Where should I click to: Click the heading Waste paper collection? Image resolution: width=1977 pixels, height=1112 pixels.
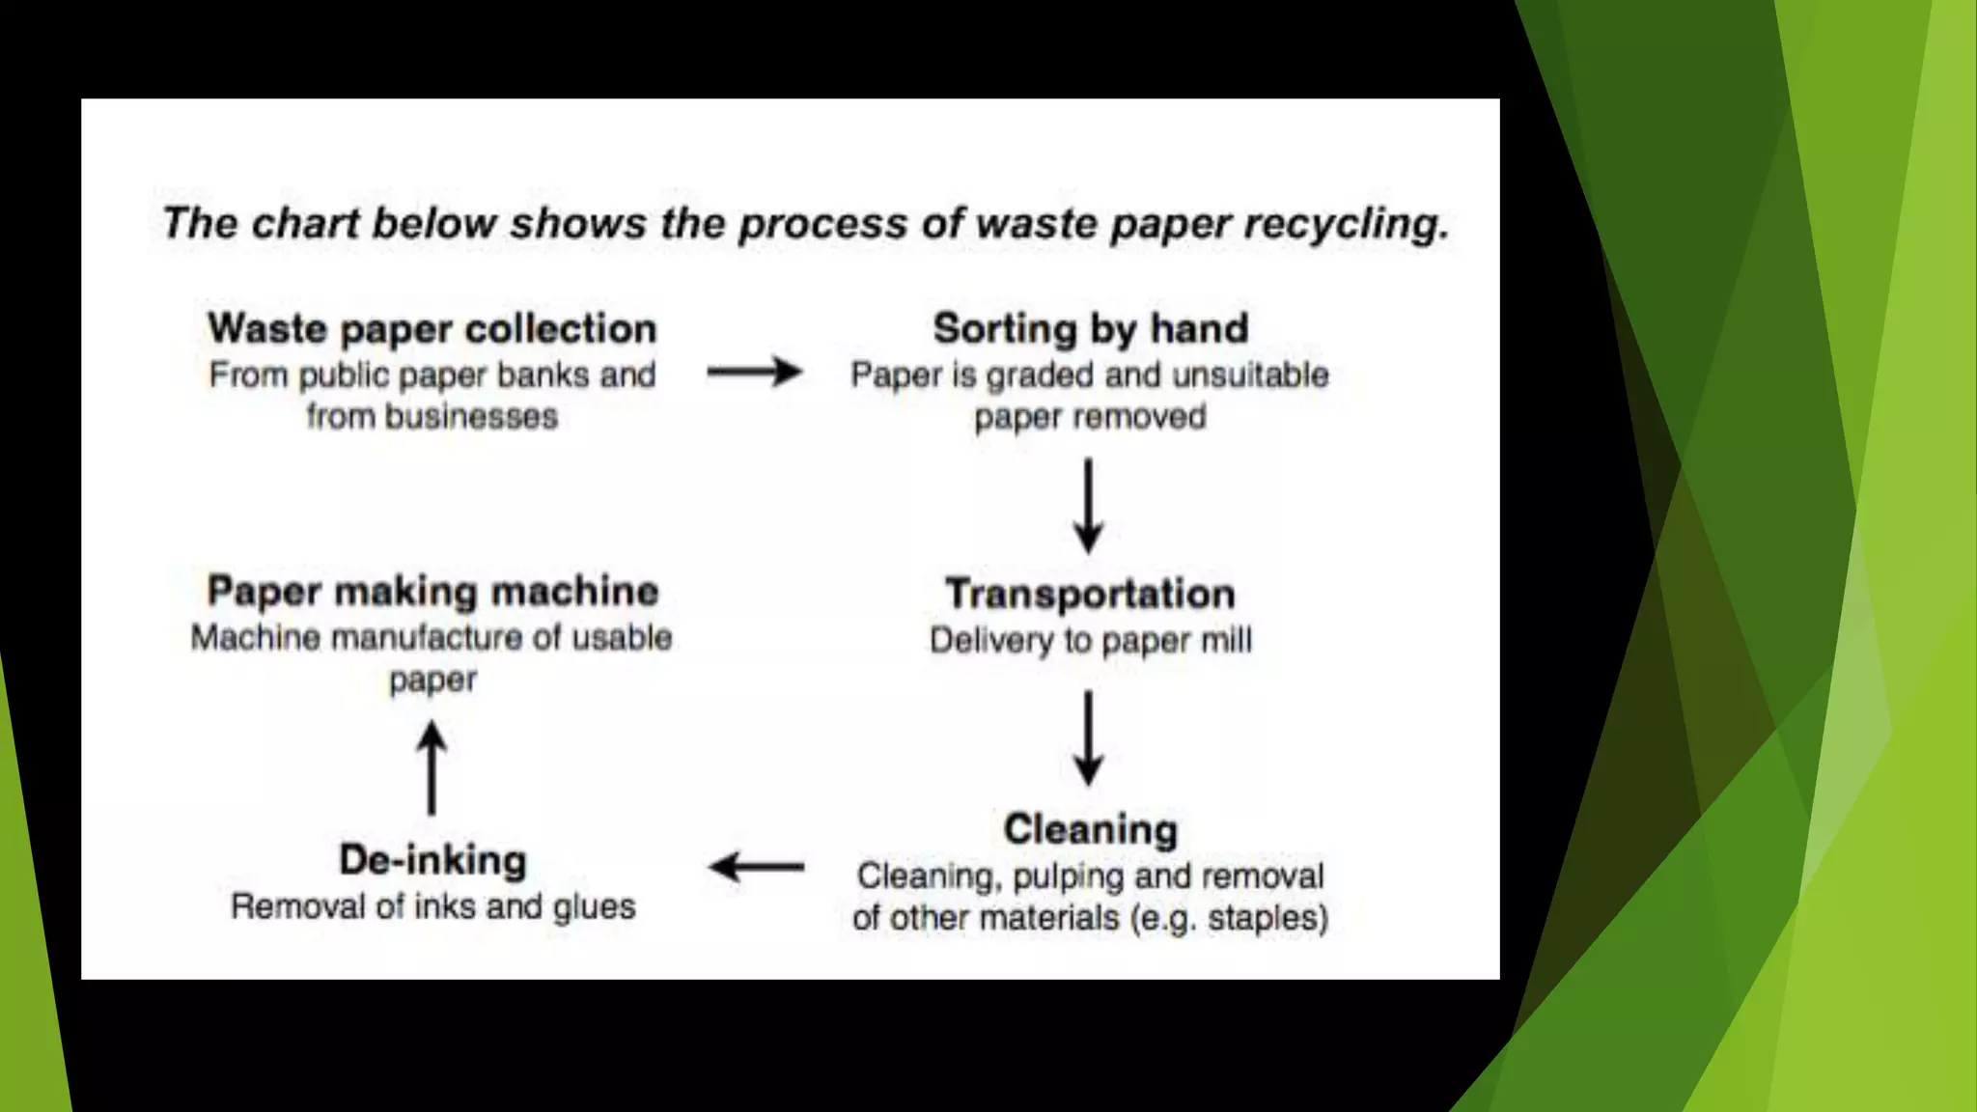click(x=432, y=329)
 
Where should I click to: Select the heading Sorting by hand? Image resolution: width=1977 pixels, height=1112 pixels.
click(x=1090, y=329)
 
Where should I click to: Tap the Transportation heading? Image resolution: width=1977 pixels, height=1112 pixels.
click(x=1090, y=593)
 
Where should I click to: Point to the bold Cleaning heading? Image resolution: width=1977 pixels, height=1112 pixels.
click(x=1090, y=829)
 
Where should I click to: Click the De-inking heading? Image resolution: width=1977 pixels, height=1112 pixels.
click(x=432, y=860)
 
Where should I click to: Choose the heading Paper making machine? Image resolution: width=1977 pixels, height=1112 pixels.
click(x=432, y=591)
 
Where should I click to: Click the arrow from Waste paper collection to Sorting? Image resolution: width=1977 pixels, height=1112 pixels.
click(x=754, y=372)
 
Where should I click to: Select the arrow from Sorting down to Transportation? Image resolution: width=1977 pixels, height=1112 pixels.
click(x=1089, y=505)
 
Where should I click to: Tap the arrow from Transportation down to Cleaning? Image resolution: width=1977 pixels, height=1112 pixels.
click(x=1089, y=737)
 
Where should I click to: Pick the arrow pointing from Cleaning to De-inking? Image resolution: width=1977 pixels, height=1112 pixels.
click(x=756, y=867)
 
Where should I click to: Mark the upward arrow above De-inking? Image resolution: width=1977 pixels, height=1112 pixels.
click(x=432, y=768)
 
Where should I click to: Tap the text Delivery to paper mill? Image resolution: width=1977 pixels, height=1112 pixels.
click(x=1090, y=640)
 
